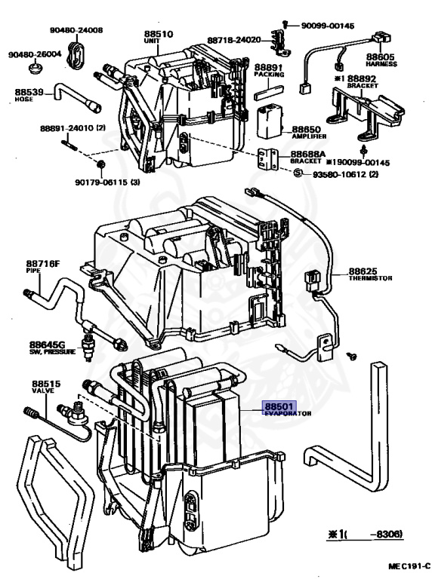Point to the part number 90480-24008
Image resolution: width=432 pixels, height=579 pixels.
(x=76, y=31)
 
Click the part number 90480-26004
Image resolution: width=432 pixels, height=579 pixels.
(x=35, y=55)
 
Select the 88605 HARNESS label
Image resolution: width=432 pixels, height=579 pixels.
(x=381, y=57)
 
